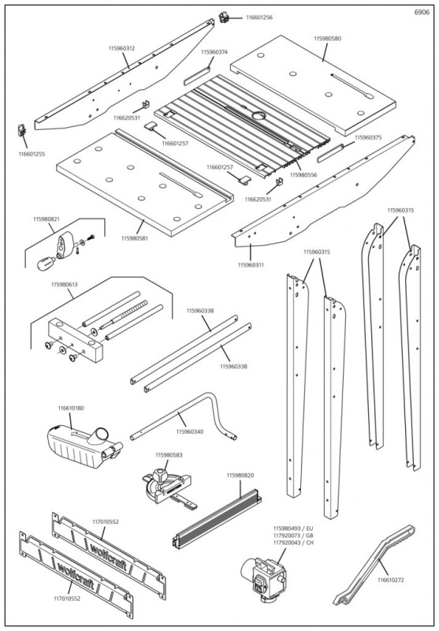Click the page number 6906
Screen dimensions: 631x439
coord(422,11)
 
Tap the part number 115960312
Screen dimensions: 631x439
coord(121,48)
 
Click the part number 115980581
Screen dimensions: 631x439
coord(135,237)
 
